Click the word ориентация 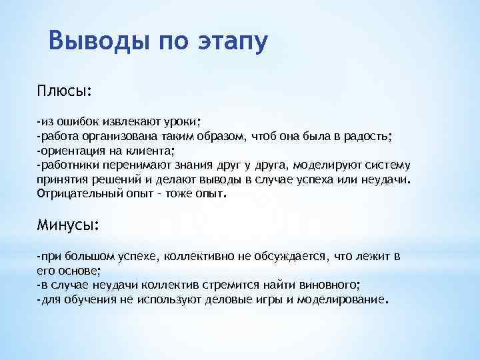(x=69, y=151)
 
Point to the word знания (x=171, y=166)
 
